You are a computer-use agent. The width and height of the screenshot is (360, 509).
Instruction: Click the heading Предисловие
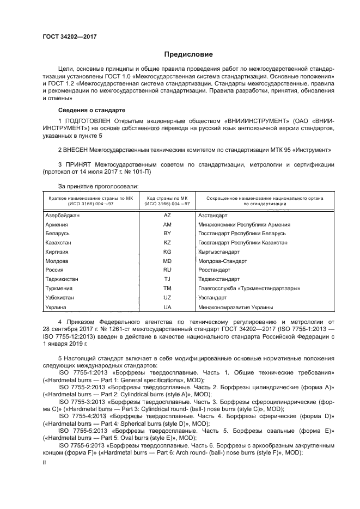[x=189, y=54]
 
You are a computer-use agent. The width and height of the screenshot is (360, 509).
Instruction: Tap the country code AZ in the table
[x=167, y=216]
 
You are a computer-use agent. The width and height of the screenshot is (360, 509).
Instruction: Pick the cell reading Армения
[x=57, y=224]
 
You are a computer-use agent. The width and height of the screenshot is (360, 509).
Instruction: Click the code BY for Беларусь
[x=167, y=233]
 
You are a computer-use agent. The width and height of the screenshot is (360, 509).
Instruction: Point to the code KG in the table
[x=167, y=252]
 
